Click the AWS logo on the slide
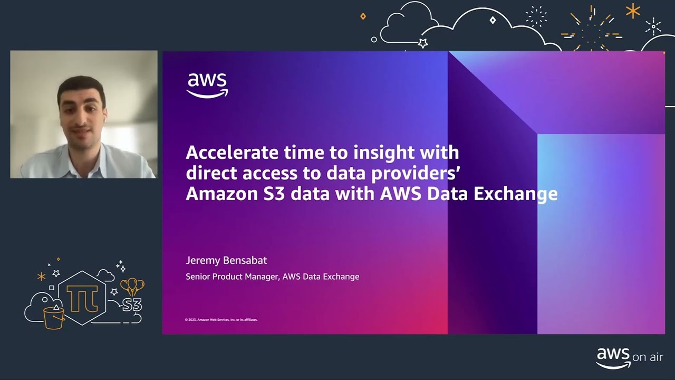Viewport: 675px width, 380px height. (207, 85)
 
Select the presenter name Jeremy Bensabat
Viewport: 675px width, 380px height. (226, 260)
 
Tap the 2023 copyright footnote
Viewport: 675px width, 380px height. (221, 319)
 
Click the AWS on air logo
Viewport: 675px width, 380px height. (629, 357)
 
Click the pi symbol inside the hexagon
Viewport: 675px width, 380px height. (83, 297)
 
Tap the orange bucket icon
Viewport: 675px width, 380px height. (54, 317)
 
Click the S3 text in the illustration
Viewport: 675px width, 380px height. (132, 305)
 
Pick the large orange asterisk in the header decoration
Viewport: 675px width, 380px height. (632, 11)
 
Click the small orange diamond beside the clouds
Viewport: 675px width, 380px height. (363, 16)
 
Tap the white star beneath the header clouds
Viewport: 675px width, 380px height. (422, 43)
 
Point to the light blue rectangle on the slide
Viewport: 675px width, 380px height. (601, 232)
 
